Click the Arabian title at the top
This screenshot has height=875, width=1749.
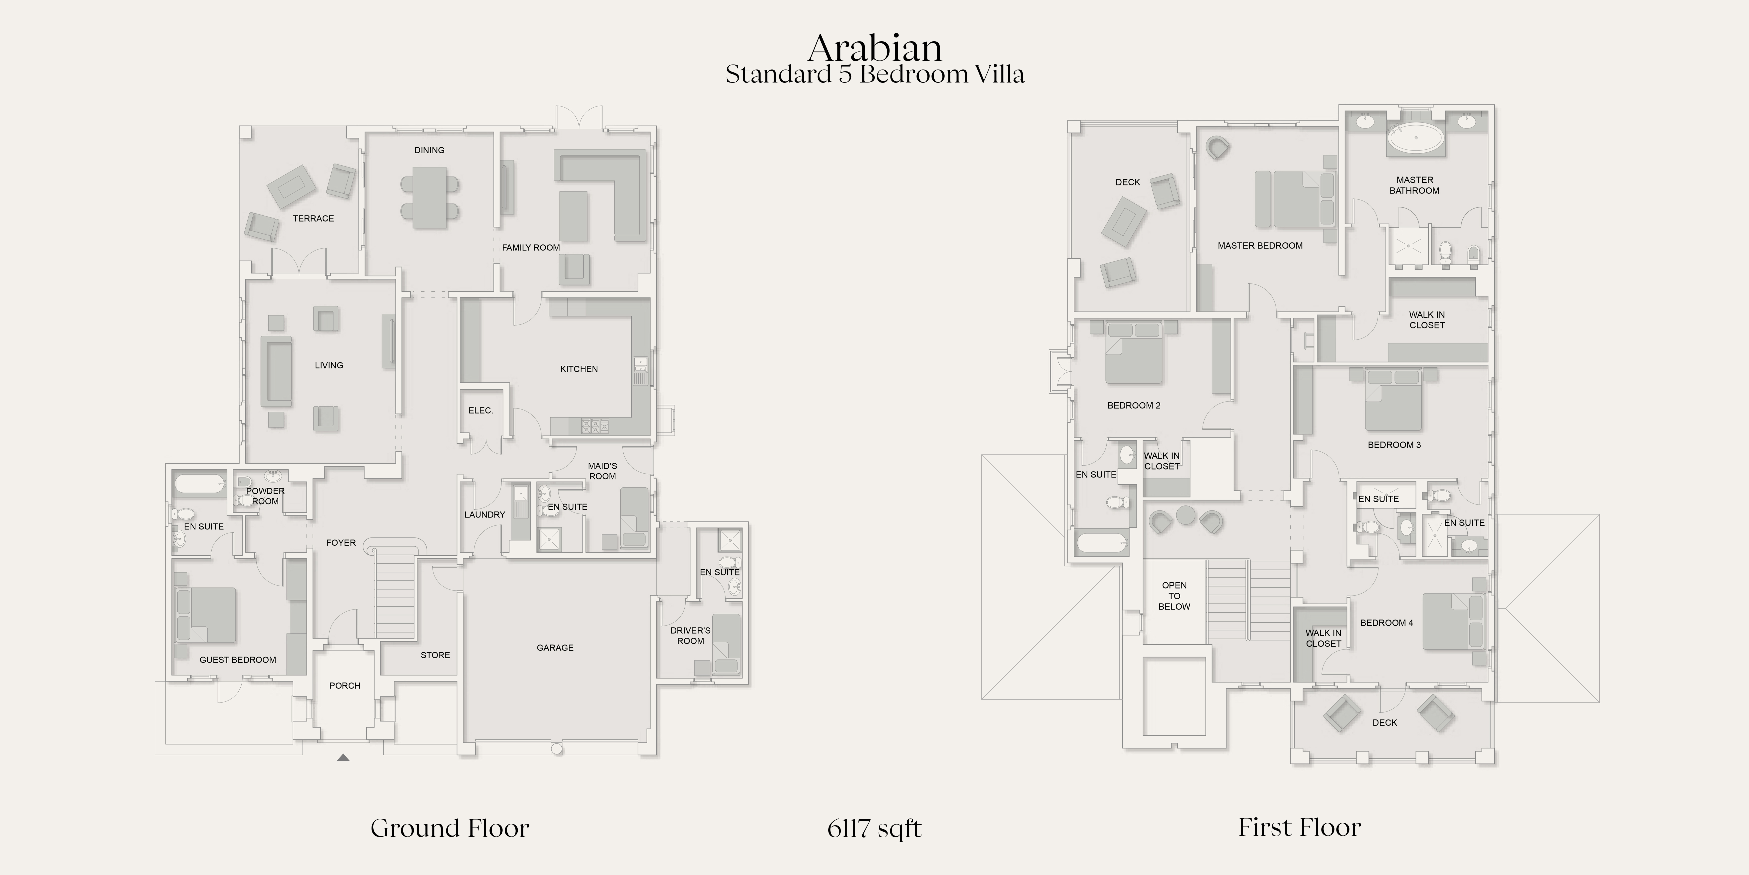[x=874, y=47]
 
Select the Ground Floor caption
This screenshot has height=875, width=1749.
[x=449, y=828]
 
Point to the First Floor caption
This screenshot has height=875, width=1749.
[x=1300, y=827]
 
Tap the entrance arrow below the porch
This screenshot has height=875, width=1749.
[x=344, y=757]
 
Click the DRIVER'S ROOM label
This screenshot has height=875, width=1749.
[x=691, y=636]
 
